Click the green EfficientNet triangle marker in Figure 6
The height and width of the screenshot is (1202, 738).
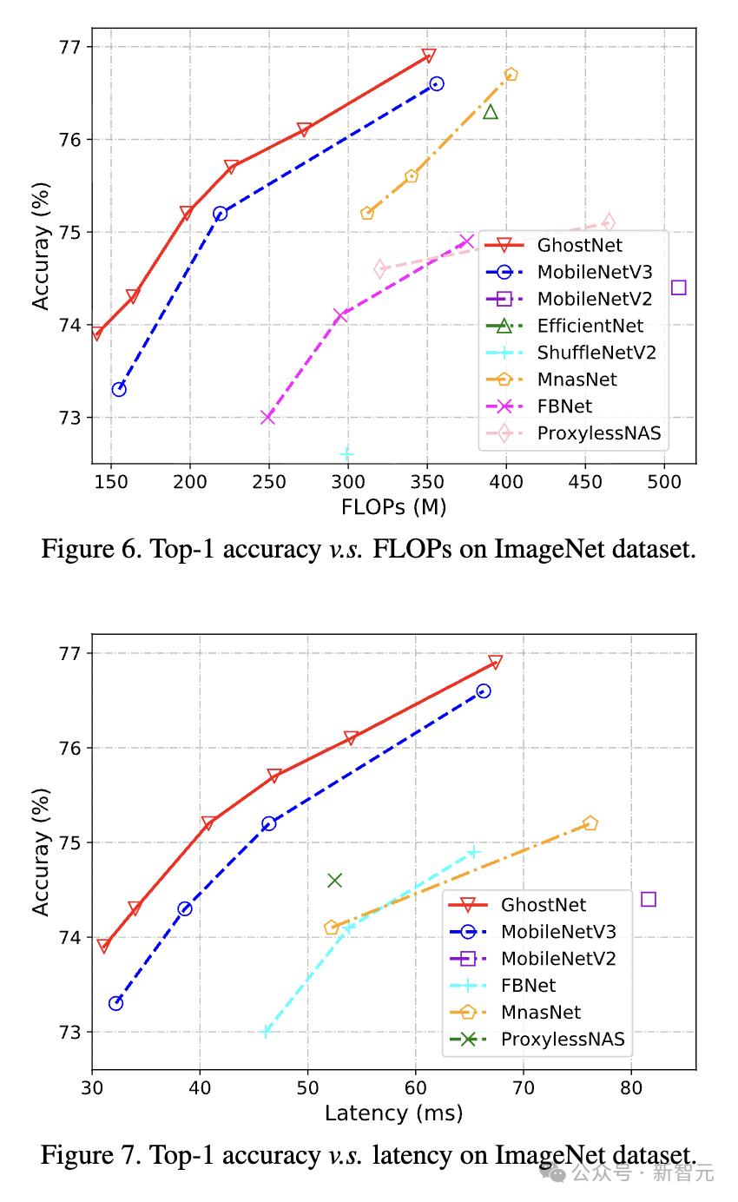[491, 111]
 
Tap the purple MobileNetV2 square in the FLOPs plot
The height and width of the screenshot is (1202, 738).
[678, 287]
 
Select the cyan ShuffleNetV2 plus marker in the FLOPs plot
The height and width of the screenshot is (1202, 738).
[346, 454]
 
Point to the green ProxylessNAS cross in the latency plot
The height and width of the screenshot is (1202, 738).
[334, 881]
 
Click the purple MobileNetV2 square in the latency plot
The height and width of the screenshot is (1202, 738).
[648, 899]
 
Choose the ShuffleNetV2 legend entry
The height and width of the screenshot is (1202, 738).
[596, 352]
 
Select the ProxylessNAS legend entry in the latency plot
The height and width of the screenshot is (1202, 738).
[563, 1039]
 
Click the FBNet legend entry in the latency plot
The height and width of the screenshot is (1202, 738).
[528, 985]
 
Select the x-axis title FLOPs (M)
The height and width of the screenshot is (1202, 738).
[393, 507]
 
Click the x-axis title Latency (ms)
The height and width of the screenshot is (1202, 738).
[393, 1113]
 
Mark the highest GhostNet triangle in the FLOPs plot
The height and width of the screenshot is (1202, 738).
[428, 56]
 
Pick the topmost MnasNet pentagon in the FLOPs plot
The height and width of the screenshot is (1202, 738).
[511, 75]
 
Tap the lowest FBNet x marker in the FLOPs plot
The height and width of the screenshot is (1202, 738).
[267, 418]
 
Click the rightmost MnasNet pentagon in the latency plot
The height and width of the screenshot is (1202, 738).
[590, 823]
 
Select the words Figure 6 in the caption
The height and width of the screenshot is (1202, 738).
[86, 549]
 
